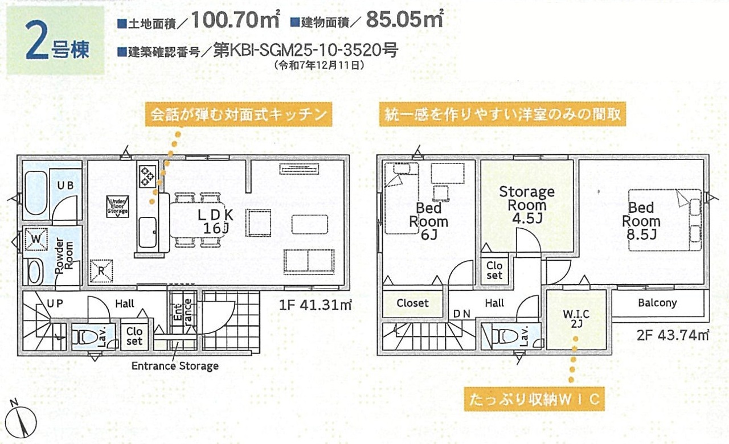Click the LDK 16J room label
(216, 221)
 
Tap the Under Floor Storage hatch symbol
(118, 207)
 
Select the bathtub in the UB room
(36, 193)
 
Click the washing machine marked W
(36, 239)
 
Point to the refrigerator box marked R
(101, 270)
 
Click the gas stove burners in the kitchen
(147, 176)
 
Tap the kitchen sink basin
(147, 232)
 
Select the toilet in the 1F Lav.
(84, 338)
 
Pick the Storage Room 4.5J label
(527, 205)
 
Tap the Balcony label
(657, 303)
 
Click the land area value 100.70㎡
(235, 19)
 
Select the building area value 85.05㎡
(404, 19)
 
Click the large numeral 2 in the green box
(36, 40)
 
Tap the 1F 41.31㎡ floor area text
(316, 306)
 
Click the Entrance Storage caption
(175, 366)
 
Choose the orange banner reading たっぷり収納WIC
(534, 399)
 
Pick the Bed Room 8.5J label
(641, 221)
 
